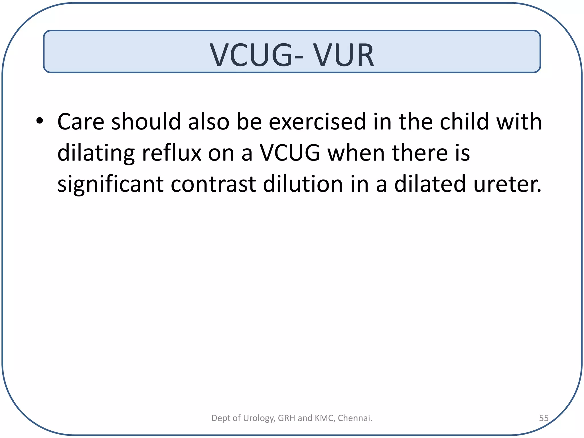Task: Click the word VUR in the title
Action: [344, 55]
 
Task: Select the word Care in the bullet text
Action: [81, 122]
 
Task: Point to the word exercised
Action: [317, 122]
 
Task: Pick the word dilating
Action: [96, 153]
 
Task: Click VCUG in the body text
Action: [290, 153]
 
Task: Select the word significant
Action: [110, 185]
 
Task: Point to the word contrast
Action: [213, 184]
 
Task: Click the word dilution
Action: [303, 184]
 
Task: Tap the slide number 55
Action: [544, 418]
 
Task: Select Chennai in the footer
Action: [355, 418]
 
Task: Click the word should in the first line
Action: [146, 122]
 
